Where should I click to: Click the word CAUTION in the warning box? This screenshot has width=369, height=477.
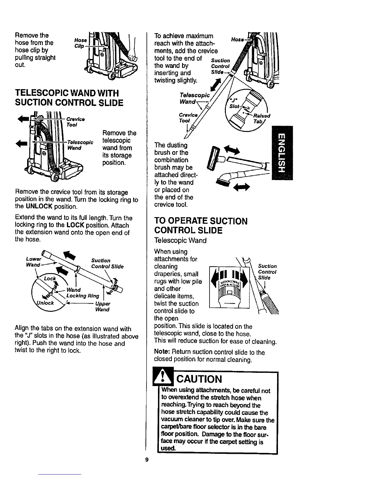point(199,379)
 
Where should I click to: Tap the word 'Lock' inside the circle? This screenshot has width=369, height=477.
point(50,279)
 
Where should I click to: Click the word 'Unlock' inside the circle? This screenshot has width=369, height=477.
point(45,303)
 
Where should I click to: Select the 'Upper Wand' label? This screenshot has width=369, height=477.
point(102,307)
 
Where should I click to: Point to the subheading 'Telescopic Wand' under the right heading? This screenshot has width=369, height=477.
point(180,241)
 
